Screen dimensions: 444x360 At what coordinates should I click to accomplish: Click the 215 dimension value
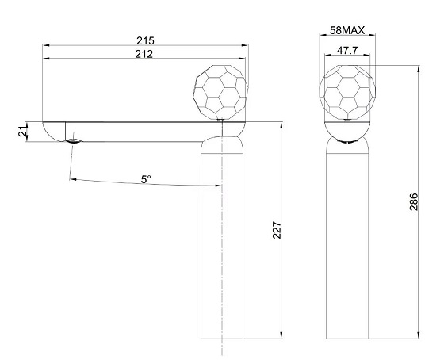(x=145, y=40)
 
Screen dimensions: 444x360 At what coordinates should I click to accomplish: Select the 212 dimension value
(x=144, y=54)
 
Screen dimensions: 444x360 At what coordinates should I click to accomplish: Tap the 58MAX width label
(x=347, y=30)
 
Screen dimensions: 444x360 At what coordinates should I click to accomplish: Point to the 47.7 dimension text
(x=347, y=51)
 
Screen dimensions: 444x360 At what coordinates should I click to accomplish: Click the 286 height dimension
(x=414, y=201)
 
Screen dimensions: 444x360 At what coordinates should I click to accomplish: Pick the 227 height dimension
(x=277, y=230)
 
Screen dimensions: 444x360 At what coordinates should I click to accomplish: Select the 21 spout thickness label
(x=23, y=131)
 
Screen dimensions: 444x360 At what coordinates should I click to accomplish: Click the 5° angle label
(x=146, y=179)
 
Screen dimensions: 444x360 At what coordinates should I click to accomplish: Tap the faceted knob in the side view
(x=220, y=92)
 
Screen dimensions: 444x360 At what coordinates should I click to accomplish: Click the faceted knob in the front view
(x=347, y=92)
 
